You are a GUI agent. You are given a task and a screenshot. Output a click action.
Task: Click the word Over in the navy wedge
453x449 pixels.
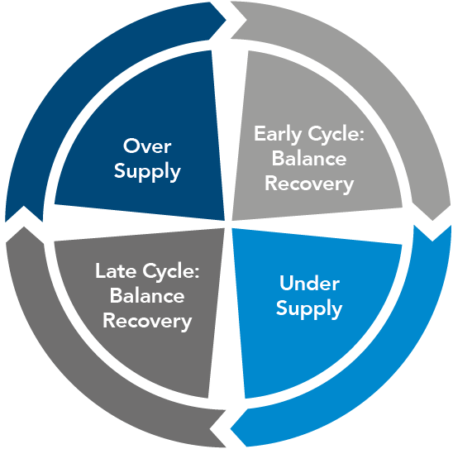[147, 146]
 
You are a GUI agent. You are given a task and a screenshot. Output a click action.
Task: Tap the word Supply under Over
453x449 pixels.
[147, 172]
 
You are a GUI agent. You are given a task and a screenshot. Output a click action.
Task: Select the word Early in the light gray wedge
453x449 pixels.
[278, 134]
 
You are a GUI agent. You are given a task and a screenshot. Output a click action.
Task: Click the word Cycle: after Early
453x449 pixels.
[336, 134]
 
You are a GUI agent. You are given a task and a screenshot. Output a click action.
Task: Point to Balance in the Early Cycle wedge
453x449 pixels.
[309, 158]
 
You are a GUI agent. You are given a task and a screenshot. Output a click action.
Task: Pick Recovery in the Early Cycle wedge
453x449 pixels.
[309, 184]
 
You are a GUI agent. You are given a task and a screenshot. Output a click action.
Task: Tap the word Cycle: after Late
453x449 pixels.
[171, 271]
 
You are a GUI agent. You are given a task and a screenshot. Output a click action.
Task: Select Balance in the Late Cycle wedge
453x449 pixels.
[147, 295]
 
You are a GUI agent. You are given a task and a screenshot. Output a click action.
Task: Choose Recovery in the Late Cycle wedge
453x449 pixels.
[147, 321]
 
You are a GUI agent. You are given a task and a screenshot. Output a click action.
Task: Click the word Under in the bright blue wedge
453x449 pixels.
[309, 283]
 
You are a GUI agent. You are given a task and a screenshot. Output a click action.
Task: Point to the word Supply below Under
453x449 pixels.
[309, 309]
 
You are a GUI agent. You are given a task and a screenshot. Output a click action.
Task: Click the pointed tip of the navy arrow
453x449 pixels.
[226, 20]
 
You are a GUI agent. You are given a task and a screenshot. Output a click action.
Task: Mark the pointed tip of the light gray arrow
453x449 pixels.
[432, 221]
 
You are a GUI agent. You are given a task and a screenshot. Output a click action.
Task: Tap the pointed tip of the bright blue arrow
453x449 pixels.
[231, 428]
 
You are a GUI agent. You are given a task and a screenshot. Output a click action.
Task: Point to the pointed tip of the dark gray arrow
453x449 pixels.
[24, 227]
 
